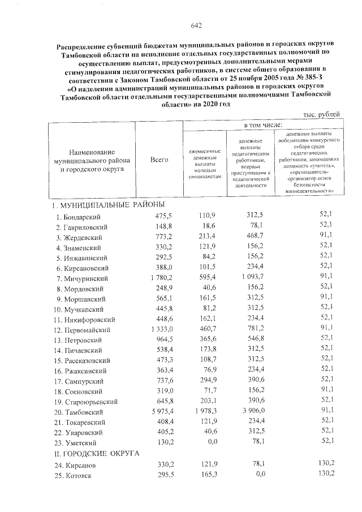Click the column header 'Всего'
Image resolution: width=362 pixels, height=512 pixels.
(160, 160)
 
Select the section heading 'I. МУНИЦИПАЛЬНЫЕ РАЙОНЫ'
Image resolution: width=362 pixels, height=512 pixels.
(105, 204)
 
